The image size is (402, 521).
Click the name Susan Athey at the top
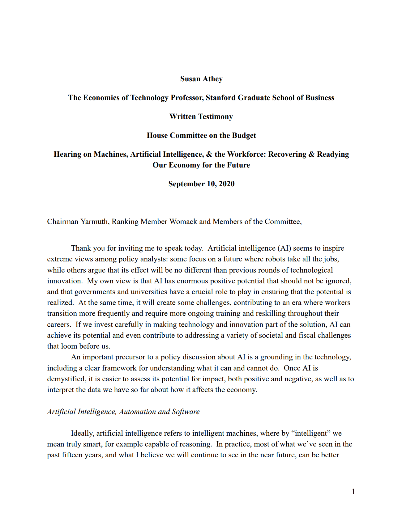tap(201, 79)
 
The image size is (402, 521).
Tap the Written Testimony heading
tap(201, 116)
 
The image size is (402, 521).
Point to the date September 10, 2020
tap(201, 184)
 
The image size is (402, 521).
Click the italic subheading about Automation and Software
tap(123, 412)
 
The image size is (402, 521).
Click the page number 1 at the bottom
tap(353, 492)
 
